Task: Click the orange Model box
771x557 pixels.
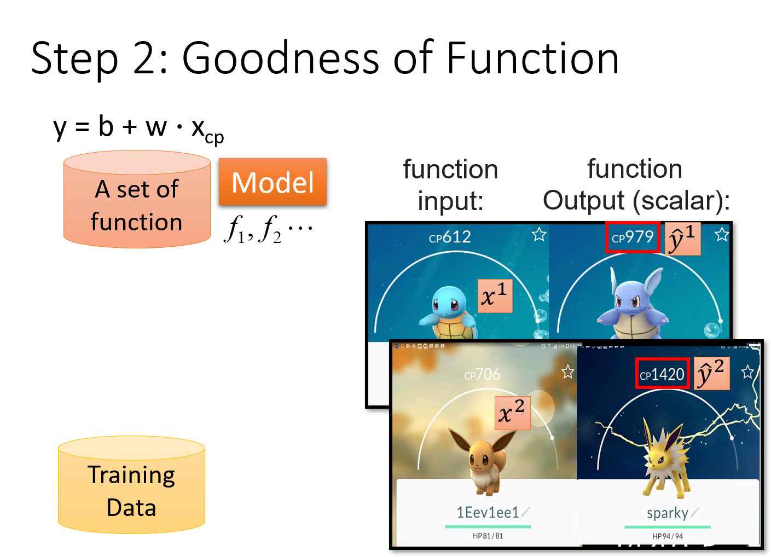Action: tap(273, 182)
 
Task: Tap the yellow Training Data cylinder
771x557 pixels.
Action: tap(131, 486)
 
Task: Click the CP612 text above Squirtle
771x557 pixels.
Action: tap(450, 237)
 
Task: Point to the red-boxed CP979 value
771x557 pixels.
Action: tap(633, 237)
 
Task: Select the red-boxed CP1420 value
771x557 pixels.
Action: tap(662, 374)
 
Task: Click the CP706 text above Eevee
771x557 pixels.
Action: tap(482, 375)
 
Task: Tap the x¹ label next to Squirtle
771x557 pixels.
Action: tap(495, 296)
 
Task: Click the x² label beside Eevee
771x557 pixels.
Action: tap(513, 413)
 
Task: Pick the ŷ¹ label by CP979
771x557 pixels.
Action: tap(683, 239)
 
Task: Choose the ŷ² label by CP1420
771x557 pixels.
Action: tap(711, 374)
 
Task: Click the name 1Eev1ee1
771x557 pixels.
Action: tap(488, 512)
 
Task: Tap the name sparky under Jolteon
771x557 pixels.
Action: tap(667, 513)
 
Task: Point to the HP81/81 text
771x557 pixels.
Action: tap(488, 536)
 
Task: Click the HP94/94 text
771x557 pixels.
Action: tap(667, 536)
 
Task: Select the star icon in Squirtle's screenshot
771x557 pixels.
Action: tap(539, 235)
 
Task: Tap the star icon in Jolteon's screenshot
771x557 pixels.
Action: tap(747, 373)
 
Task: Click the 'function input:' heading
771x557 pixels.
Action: tap(450, 185)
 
